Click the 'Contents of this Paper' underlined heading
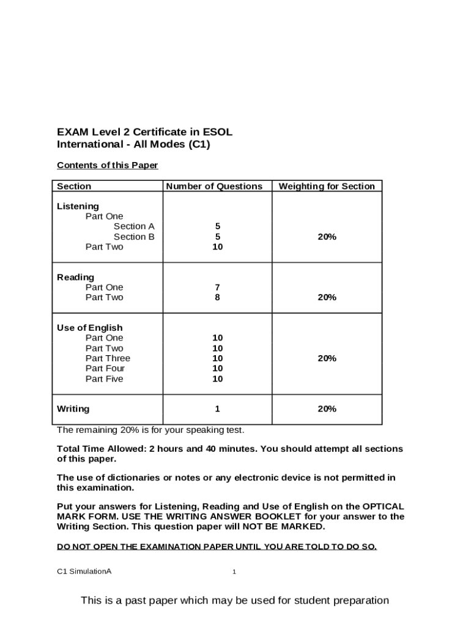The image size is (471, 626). (x=107, y=166)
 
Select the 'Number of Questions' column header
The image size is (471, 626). (x=214, y=186)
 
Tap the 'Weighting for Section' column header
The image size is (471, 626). (x=327, y=186)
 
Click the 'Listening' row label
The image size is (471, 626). (x=78, y=207)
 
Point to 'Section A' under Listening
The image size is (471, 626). (x=134, y=227)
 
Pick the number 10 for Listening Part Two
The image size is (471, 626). (x=217, y=247)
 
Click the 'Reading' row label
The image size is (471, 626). (x=75, y=278)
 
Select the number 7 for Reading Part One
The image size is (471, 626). (x=217, y=287)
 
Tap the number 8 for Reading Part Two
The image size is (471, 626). (x=217, y=298)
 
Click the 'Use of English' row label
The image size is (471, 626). (x=89, y=328)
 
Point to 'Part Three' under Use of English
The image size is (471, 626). (x=108, y=358)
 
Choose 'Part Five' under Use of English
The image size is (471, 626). (x=104, y=379)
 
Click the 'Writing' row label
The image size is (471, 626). (x=73, y=408)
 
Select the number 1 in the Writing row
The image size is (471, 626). (x=217, y=408)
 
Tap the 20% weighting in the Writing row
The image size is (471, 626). (x=327, y=408)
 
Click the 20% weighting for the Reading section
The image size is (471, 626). (x=327, y=298)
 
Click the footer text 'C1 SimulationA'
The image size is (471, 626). (x=84, y=572)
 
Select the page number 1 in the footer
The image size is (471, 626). (x=234, y=572)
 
